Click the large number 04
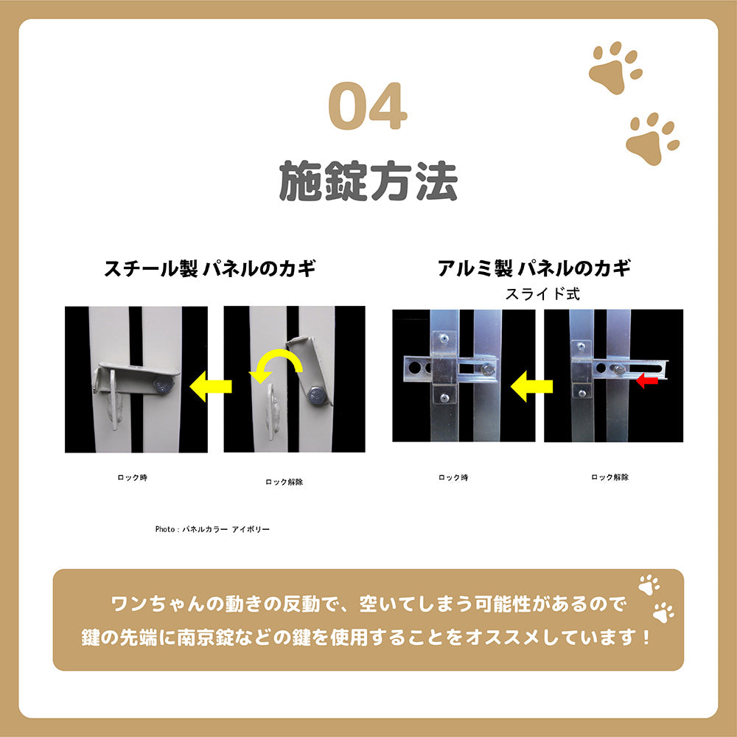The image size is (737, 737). (368, 108)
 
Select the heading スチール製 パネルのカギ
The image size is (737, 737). (210, 268)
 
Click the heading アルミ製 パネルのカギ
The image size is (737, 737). (534, 268)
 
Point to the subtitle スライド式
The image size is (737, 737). (542, 293)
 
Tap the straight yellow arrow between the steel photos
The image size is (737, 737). (211, 386)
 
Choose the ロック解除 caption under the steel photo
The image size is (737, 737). (284, 481)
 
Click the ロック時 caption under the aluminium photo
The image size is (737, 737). (453, 478)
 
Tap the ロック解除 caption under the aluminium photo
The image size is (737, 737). (609, 478)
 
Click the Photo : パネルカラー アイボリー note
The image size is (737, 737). (212, 529)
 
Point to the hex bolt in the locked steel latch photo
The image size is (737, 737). (164, 385)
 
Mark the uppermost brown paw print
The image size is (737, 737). (614, 67)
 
